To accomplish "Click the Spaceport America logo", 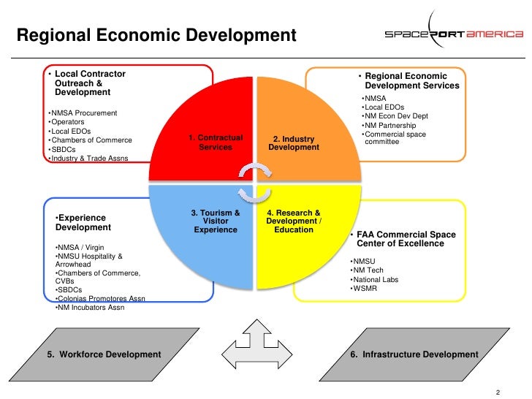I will [454, 35].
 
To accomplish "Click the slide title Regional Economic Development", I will [156, 35].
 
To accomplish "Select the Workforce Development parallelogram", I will [104, 354].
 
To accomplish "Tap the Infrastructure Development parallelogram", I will [414, 354].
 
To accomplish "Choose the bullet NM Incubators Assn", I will [91, 307].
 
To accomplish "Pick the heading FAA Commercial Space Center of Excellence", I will [406, 239].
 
